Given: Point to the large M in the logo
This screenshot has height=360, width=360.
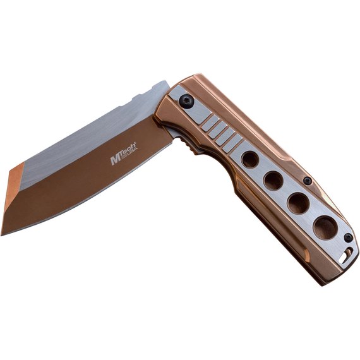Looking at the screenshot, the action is coord(115,160).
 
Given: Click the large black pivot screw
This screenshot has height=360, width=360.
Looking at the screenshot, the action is coord(186,102).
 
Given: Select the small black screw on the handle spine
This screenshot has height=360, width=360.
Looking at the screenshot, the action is coord(308,181).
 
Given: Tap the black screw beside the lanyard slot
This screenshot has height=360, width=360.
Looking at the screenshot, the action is coord(349,237).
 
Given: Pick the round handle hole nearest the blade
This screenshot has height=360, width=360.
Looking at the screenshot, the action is coord(250,160).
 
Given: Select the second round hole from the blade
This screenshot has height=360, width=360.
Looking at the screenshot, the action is coord(273,181).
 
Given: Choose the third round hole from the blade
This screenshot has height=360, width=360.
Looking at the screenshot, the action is coord(298,203).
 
